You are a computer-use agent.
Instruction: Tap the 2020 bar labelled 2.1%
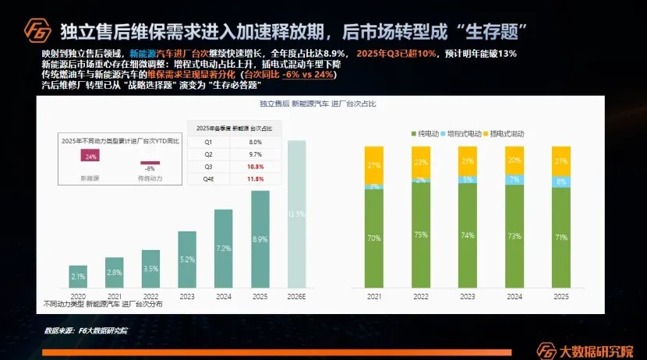78,277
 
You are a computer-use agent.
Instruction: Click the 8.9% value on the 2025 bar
260,238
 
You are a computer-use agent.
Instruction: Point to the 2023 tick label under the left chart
187,297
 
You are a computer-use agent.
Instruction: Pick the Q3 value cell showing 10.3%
255,167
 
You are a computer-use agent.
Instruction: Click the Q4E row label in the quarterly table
208,178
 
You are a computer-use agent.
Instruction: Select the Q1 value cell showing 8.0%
255,143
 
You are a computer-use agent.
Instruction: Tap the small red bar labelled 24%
91,156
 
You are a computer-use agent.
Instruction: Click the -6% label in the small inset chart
150,168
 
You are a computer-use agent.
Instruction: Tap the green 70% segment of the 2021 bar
373,238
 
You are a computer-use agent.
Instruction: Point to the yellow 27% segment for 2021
373,164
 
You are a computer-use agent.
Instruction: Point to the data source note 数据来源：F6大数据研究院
85,330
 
